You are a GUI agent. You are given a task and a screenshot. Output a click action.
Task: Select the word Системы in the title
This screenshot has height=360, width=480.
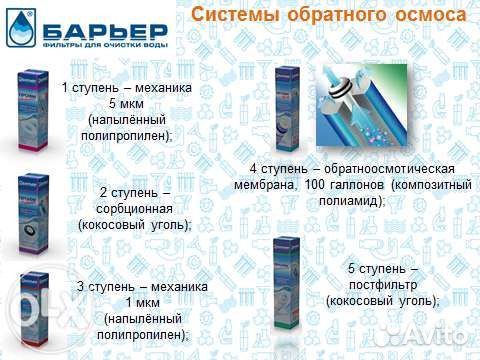point(231,16)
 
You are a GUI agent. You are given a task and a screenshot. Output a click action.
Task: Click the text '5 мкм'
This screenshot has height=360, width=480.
point(126,104)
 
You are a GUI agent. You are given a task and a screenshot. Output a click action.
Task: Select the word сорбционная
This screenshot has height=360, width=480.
point(135,208)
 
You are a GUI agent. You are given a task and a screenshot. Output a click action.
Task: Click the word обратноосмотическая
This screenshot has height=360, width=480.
point(392,169)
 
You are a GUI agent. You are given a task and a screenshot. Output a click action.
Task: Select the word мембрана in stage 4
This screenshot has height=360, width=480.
point(263,185)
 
